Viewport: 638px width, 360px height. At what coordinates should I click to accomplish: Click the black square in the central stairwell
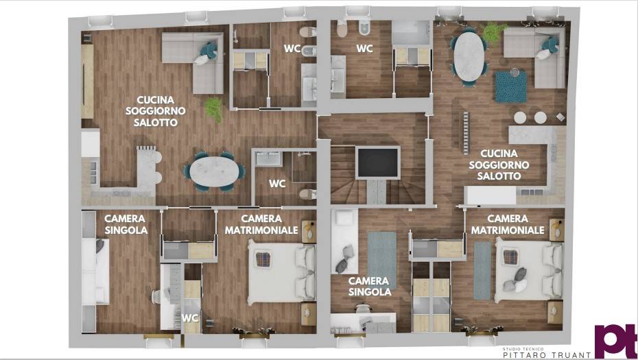(377, 163)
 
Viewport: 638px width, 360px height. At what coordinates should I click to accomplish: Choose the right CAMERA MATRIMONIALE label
(508, 225)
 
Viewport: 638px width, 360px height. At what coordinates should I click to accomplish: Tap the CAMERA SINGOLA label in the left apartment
(126, 224)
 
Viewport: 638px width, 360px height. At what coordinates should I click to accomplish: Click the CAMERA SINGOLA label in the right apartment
(368, 287)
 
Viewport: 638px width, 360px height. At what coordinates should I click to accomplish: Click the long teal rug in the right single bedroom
(381, 260)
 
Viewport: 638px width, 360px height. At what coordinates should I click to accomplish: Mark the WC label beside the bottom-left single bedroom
(190, 318)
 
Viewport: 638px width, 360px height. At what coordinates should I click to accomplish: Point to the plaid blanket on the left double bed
(265, 260)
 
